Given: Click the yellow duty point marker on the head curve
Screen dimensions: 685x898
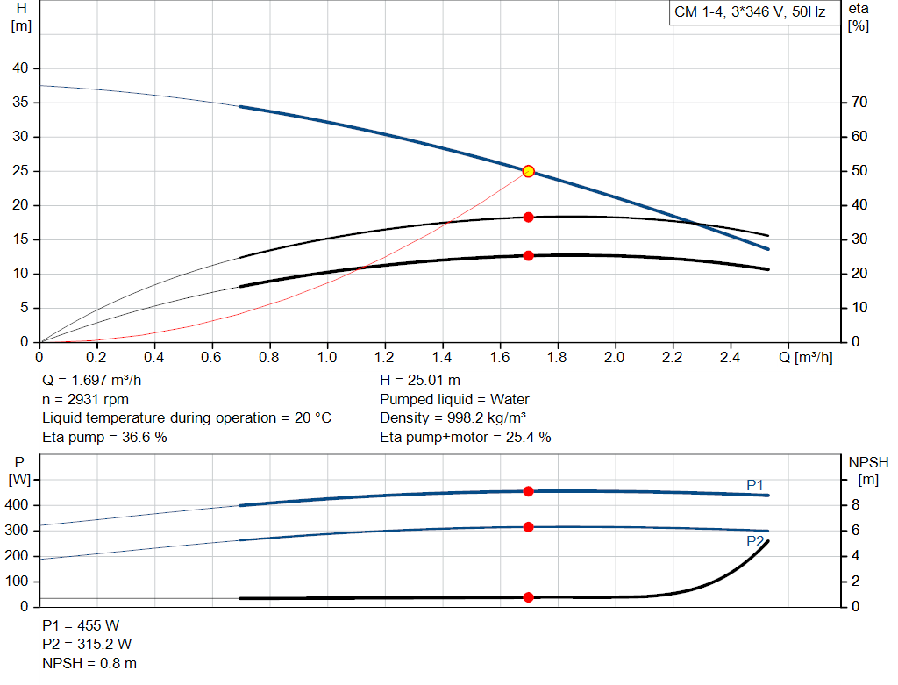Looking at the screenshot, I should (x=528, y=171).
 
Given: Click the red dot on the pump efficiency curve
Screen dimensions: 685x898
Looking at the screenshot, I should (x=528, y=217).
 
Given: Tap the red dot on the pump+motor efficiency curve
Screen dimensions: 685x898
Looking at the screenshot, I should (x=528, y=255).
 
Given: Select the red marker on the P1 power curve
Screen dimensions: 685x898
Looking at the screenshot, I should (x=528, y=491).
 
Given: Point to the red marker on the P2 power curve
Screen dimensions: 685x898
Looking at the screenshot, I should (x=528, y=527).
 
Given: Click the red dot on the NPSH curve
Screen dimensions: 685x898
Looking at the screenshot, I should (x=528, y=597).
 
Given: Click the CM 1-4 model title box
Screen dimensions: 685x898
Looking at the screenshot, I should (x=749, y=12).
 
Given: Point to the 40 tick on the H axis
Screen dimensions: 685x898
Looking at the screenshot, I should (x=20, y=68).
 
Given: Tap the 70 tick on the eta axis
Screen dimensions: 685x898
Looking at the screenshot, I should (x=859, y=103).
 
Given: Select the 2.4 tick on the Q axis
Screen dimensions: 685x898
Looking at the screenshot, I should (x=730, y=358).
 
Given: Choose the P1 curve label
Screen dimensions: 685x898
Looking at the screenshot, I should (x=755, y=484).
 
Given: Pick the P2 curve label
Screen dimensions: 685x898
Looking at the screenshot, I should (x=755, y=541).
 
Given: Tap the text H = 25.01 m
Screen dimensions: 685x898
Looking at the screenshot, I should (x=420, y=381).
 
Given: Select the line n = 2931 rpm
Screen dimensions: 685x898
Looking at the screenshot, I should (x=86, y=399).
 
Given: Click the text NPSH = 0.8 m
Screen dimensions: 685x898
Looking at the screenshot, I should (x=89, y=663).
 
